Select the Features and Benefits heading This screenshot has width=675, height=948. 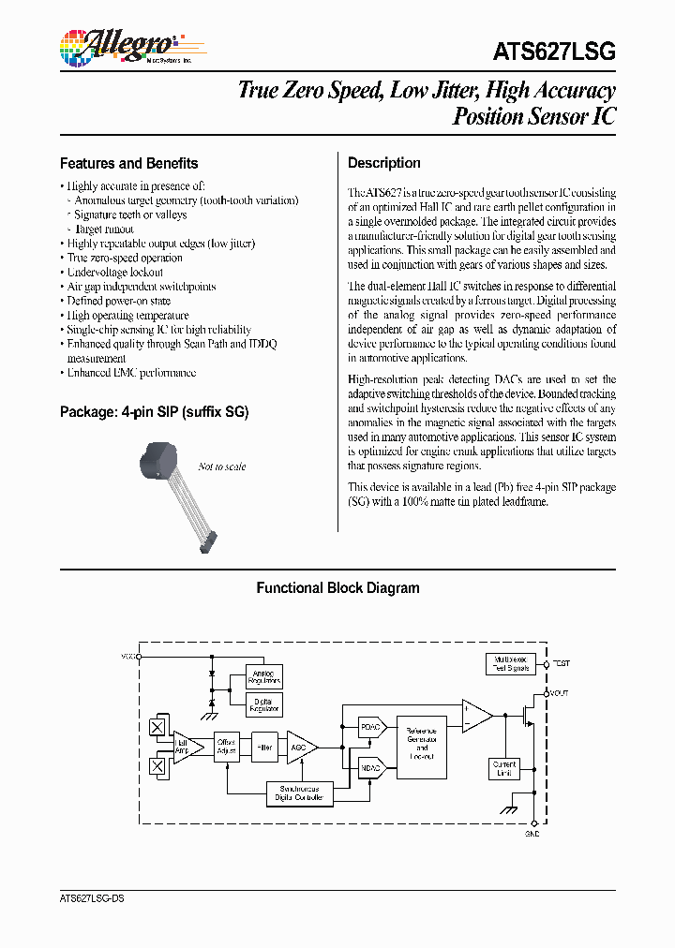(128, 163)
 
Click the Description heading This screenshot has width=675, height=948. (384, 163)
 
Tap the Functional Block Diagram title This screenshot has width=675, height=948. (337, 588)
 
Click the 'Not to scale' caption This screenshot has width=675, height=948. (222, 467)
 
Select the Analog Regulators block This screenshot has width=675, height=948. (262, 677)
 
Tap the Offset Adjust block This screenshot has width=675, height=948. (227, 746)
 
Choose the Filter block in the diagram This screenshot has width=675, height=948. (265, 746)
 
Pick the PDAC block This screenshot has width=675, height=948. (371, 727)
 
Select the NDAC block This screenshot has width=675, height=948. (371, 767)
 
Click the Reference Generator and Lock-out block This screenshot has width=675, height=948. (422, 747)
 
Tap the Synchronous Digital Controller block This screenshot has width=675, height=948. (299, 793)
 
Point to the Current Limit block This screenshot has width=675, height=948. (503, 768)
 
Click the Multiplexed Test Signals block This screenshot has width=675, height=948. (510, 663)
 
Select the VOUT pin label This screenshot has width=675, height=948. (559, 692)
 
